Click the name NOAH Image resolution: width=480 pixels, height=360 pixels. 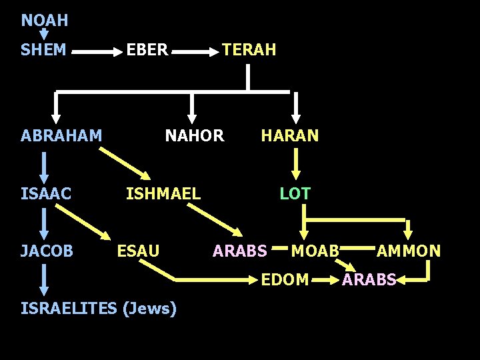(x=44, y=21)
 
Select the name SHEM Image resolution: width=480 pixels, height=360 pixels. (x=43, y=50)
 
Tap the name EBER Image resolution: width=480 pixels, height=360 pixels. (x=147, y=50)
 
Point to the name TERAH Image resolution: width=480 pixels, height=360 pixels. (x=249, y=50)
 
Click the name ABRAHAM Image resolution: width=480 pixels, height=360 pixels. (x=61, y=136)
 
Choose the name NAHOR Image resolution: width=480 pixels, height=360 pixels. (x=195, y=136)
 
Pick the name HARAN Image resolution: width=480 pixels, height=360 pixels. (x=290, y=136)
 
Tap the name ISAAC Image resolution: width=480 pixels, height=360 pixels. (x=45, y=194)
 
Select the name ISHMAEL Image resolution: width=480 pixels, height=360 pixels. (x=163, y=194)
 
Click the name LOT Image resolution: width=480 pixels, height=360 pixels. (x=295, y=194)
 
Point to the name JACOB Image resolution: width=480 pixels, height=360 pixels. (x=47, y=251)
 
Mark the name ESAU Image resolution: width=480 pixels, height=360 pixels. (x=138, y=251)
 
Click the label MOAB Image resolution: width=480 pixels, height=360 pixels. (x=315, y=251)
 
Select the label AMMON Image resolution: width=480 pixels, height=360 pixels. (x=409, y=251)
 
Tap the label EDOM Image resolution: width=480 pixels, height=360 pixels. (x=285, y=280)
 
